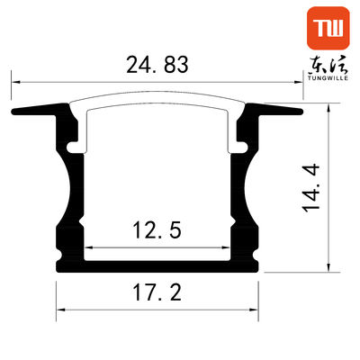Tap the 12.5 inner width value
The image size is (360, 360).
157,231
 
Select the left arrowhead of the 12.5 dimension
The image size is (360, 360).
89,248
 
